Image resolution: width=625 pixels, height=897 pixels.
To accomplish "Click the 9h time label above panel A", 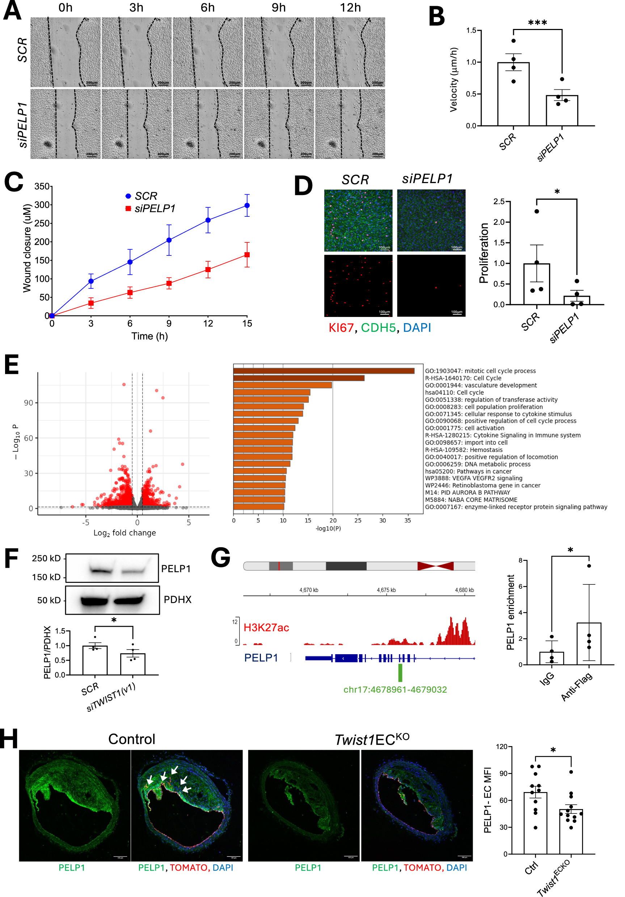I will click(x=279, y=8).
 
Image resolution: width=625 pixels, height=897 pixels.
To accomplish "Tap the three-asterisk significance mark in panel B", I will click(x=537, y=23).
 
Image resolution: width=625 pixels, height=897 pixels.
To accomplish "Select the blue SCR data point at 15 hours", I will click(x=247, y=206).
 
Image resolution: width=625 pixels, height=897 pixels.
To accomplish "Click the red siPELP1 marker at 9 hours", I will click(x=169, y=284).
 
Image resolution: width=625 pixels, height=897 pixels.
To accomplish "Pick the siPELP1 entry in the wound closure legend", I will click(x=155, y=209).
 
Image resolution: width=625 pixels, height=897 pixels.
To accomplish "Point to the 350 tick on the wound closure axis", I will click(x=42, y=186).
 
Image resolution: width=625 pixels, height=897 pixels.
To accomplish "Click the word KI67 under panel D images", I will click(x=341, y=328).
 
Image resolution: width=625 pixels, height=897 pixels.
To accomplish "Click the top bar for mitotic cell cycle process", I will click(x=324, y=371).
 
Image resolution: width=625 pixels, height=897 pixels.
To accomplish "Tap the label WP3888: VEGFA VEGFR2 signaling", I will click(x=473, y=478).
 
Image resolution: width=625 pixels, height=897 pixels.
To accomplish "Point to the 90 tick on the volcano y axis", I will click(x=29, y=403).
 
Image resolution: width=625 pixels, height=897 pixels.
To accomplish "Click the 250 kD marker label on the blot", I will click(x=46, y=558).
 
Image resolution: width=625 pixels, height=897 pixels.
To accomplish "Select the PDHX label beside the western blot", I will click(x=177, y=599).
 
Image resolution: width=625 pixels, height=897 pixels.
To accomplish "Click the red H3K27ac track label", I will click(x=266, y=627).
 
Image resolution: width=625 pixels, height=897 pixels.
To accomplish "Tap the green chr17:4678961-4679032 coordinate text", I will click(x=395, y=690).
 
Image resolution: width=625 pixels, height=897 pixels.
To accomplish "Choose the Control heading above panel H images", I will click(x=132, y=739).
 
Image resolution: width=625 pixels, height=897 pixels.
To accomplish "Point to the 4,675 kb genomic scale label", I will click(x=386, y=590).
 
